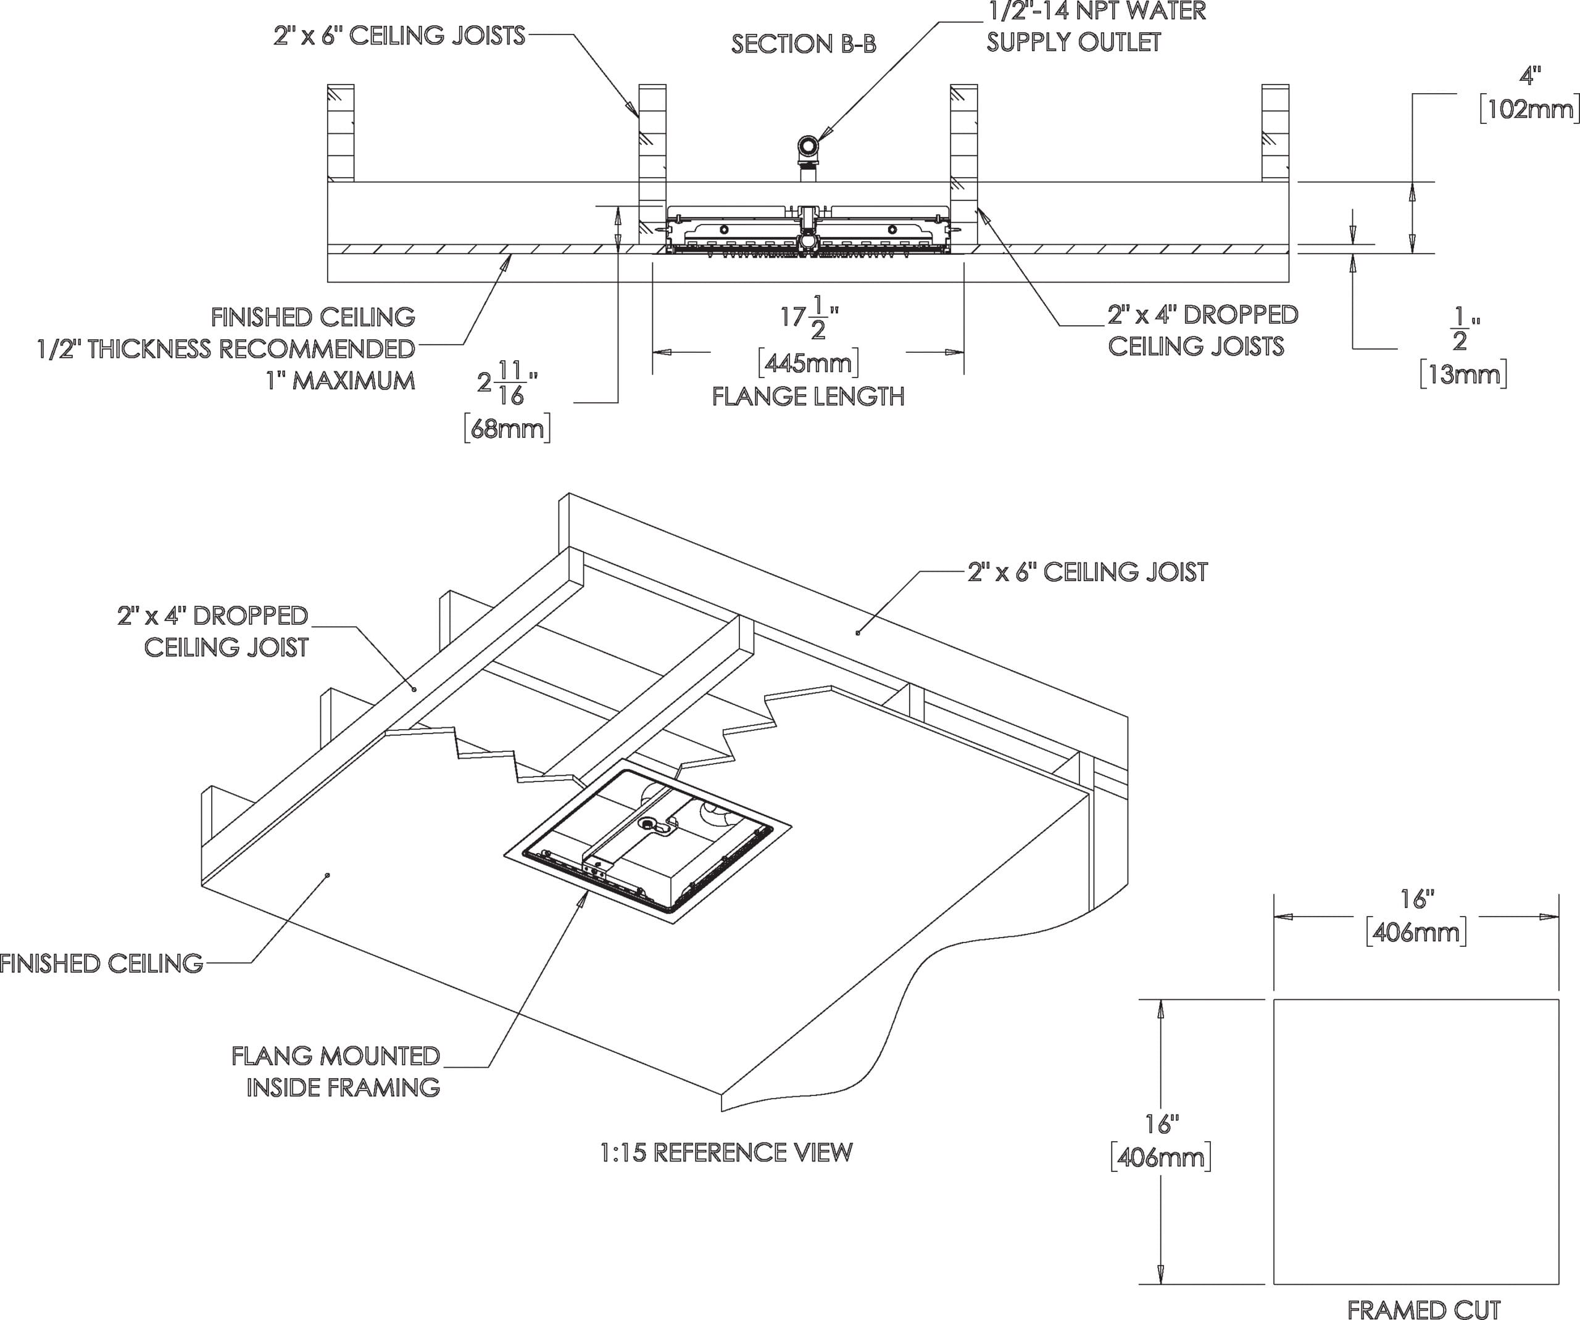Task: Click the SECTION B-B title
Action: (x=804, y=44)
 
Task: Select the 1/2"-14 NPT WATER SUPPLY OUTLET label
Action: (x=1095, y=27)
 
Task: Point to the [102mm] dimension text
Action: (x=1528, y=110)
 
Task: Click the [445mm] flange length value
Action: (x=808, y=364)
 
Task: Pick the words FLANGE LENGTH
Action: (x=808, y=397)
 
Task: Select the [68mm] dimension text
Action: (x=507, y=429)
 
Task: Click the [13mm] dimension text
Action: (x=1463, y=374)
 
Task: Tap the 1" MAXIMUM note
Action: (x=340, y=381)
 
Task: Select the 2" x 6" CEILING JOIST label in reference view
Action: (x=1087, y=572)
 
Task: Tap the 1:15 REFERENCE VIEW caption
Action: (x=726, y=1152)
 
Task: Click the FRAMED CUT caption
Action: (x=1423, y=1310)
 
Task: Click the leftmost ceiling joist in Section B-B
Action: (x=341, y=133)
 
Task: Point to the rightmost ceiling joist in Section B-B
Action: (x=1275, y=133)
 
